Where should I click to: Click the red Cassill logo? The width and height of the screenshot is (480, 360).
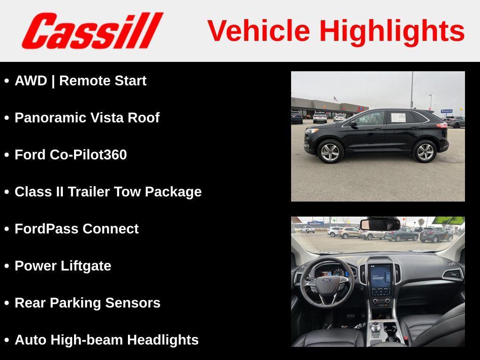[92, 30]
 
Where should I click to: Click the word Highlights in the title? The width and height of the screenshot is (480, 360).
[392, 31]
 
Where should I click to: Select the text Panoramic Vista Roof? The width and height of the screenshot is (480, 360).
[87, 118]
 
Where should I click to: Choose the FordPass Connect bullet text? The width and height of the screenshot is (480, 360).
[76, 229]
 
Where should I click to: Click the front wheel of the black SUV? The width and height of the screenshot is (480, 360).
[330, 151]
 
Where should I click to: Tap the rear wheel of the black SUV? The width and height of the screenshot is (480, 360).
[425, 151]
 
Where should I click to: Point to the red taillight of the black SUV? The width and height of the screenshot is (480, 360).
[441, 125]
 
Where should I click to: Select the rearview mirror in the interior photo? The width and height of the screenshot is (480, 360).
[380, 224]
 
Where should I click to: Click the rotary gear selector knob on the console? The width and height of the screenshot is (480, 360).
[376, 327]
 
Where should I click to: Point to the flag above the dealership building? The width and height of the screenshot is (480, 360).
[336, 99]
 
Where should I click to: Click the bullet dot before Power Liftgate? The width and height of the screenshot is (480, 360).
[7, 266]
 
